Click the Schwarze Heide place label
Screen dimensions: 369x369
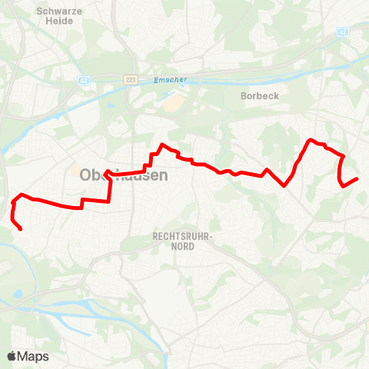pyautogui.click(x=55, y=16)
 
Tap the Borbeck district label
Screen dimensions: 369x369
pyautogui.click(x=259, y=96)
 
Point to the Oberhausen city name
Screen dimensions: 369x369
pyautogui.click(x=123, y=175)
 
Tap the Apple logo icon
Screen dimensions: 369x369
pyautogui.click(x=12, y=356)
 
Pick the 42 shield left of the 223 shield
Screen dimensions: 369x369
pyautogui.click(x=84, y=79)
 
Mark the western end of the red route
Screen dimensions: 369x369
pyautogui.click(x=20, y=229)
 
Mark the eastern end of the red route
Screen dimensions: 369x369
pyautogui.click(x=357, y=178)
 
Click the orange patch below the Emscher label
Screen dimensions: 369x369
pyautogui.click(x=176, y=103)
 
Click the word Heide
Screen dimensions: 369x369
pyautogui.click(x=55, y=22)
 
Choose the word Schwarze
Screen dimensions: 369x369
pyautogui.click(x=55, y=11)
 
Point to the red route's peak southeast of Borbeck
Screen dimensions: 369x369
pyautogui.click(x=311, y=140)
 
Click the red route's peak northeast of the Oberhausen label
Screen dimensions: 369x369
pyautogui.click(x=161, y=145)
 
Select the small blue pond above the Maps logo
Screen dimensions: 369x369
pyautogui.click(x=18, y=294)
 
